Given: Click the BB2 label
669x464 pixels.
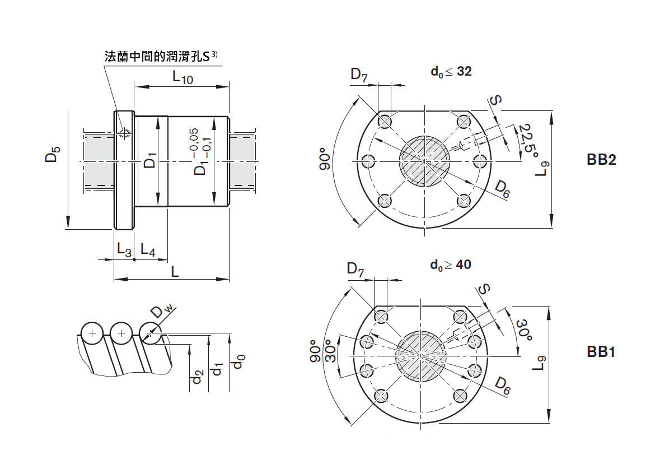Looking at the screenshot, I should [601, 160].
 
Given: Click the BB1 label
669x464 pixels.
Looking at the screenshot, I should [601, 352].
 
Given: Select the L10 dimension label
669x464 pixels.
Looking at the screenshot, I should [183, 77].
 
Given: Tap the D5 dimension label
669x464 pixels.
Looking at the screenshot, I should [52, 155].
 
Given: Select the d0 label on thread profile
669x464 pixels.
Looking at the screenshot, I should [240, 361].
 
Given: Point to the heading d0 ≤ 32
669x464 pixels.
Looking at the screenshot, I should [451, 72].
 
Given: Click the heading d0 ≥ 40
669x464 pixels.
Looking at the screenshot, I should [451, 265].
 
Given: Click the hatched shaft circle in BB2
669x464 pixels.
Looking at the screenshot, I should [424, 161].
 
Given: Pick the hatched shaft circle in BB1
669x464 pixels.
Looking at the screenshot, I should [420, 355].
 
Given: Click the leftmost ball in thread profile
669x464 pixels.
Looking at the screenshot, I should [92, 334].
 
